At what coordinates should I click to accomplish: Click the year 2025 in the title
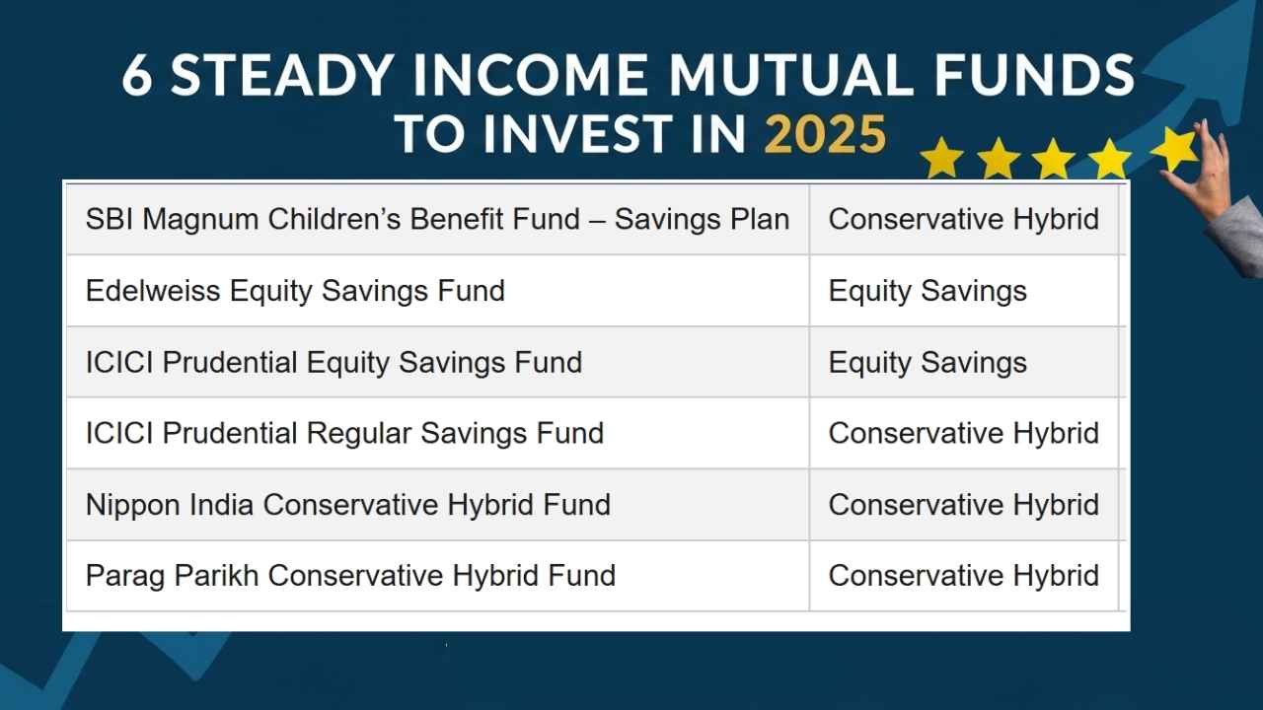coord(825,134)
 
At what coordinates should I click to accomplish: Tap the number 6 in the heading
coord(137,76)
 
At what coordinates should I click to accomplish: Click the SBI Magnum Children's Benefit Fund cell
coord(437,219)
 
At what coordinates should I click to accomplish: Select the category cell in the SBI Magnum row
coord(963,219)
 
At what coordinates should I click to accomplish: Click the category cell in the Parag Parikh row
coord(963,576)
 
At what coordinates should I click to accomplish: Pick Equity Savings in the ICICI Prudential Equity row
coord(928,362)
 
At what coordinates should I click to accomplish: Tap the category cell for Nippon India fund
coord(963,505)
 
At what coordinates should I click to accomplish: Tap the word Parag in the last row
coord(123,576)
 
